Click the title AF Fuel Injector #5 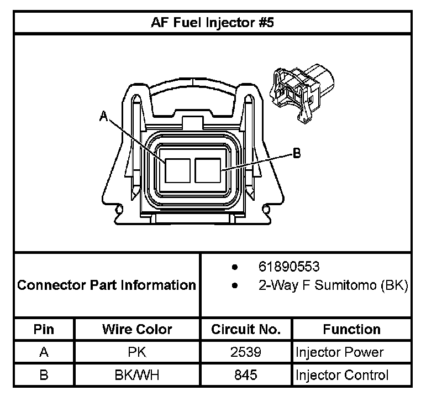pos(212,23)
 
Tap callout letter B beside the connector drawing pos(297,153)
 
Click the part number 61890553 pos(288,267)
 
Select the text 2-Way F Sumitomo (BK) pos(333,286)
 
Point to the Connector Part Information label pos(107,285)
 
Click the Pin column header pos(44,329)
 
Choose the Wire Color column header pos(137,329)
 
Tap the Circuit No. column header pos(246,329)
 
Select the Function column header pos(351,329)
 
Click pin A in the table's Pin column pos(44,352)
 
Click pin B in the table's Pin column pos(44,375)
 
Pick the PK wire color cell pos(137,352)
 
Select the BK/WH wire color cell pos(137,375)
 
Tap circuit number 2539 pos(246,352)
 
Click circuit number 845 pos(246,375)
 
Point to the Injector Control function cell pos(342,375)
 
